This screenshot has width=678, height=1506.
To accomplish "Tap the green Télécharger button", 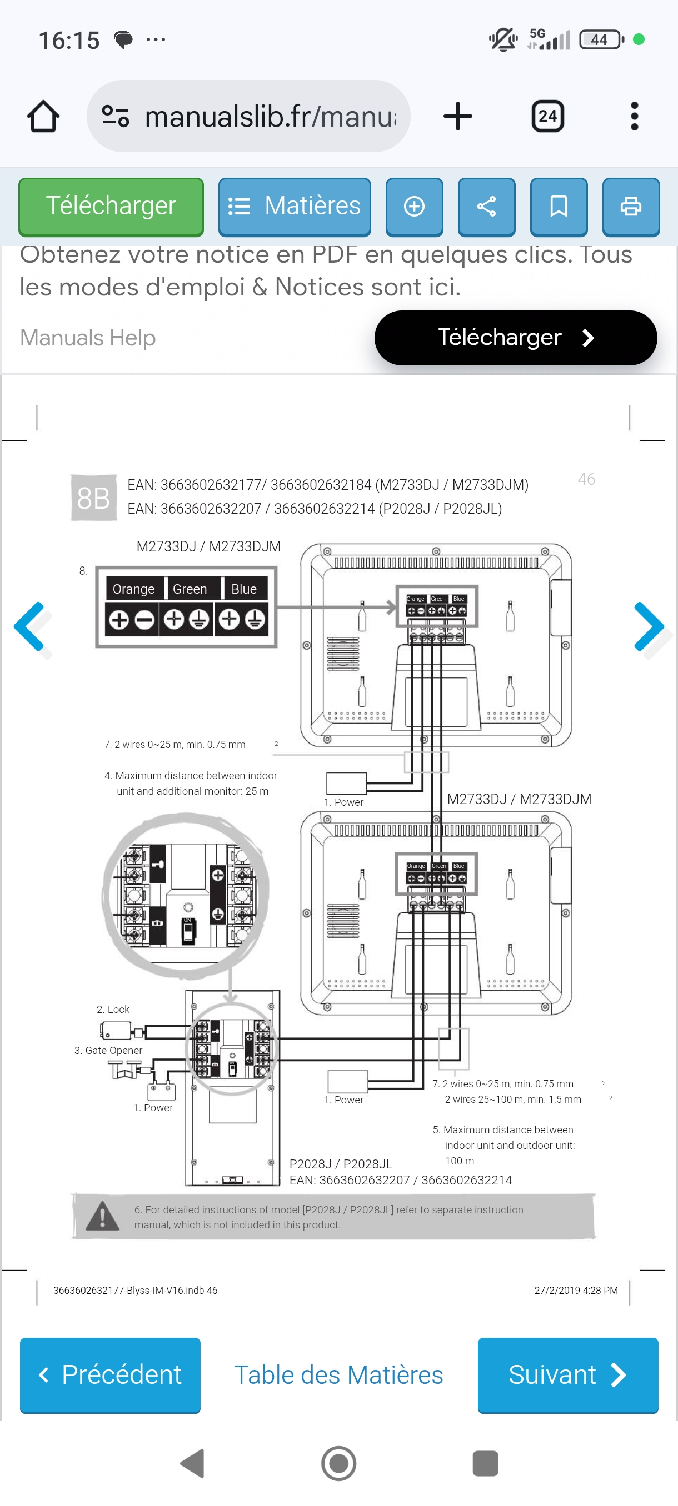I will [x=111, y=207].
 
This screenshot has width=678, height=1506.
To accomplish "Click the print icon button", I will [x=631, y=207].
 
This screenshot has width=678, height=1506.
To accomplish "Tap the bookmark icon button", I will [x=558, y=207].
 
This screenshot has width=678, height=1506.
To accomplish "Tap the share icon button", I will [x=486, y=207].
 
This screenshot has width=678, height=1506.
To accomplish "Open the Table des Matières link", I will [x=338, y=1374].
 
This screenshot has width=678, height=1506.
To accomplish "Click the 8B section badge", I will [x=93, y=498].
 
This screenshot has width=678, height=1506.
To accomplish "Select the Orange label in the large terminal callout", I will [x=134, y=589].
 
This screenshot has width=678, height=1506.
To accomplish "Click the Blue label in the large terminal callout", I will [x=244, y=589].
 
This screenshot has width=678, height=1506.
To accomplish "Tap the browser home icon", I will [x=43, y=117].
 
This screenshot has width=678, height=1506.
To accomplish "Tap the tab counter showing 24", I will [x=547, y=117].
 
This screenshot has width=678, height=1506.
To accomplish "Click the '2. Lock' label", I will [x=113, y=1009].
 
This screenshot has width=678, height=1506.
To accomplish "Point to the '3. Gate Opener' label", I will [x=108, y=1050].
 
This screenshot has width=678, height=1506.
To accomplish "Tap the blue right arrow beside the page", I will [x=649, y=627].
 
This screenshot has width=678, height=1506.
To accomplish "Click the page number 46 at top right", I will [x=586, y=479].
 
